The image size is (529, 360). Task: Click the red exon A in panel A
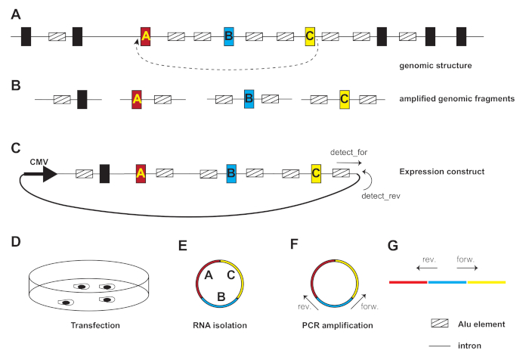(x=146, y=36)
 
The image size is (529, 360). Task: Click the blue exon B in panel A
(x=229, y=36)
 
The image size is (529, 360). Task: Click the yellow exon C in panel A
(x=310, y=36)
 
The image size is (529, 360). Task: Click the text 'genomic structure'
(x=435, y=66)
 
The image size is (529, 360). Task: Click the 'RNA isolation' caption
(x=218, y=325)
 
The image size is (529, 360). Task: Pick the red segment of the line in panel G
(x=409, y=282)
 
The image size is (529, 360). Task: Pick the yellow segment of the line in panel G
(x=487, y=282)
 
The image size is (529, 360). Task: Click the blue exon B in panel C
(x=231, y=173)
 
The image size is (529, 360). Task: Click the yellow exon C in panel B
(x=344, y=99)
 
